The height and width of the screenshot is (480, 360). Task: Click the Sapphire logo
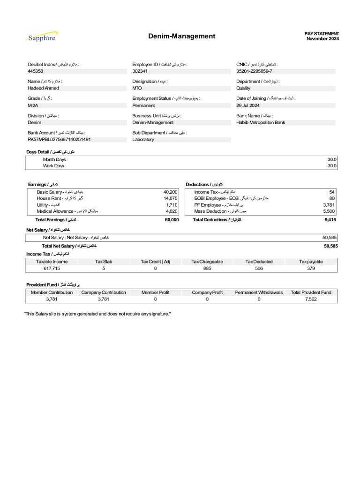coord(42,37)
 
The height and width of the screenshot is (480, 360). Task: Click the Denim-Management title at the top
coord(182,36)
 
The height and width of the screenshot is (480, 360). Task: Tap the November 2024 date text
coord(322,39)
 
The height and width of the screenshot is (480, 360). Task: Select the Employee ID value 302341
coord(140,71)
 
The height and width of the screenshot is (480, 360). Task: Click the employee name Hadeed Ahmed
coord(43,88)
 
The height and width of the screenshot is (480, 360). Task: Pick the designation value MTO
coord(137,88)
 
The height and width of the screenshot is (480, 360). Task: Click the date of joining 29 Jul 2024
coord(248,105)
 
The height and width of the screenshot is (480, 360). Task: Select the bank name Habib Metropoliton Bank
coord(261,122)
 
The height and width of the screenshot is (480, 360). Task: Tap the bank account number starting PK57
coord(59,140)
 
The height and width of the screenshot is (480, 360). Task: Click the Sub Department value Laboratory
coord(143,140)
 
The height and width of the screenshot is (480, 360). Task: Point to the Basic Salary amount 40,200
coord(170,192)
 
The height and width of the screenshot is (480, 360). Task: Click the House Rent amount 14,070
coord(170,199)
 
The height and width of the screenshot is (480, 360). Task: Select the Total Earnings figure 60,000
coord(172,220)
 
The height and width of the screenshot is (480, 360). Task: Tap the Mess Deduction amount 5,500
coord(329,211)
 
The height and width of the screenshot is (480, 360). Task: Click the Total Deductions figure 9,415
coord(331,220)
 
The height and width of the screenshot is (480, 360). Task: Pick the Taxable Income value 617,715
coord(52,269)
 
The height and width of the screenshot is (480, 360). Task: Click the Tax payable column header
coord(311,262)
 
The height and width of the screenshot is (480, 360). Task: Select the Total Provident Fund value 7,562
coord(311,299)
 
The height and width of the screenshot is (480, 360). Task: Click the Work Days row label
coord(53,166)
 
